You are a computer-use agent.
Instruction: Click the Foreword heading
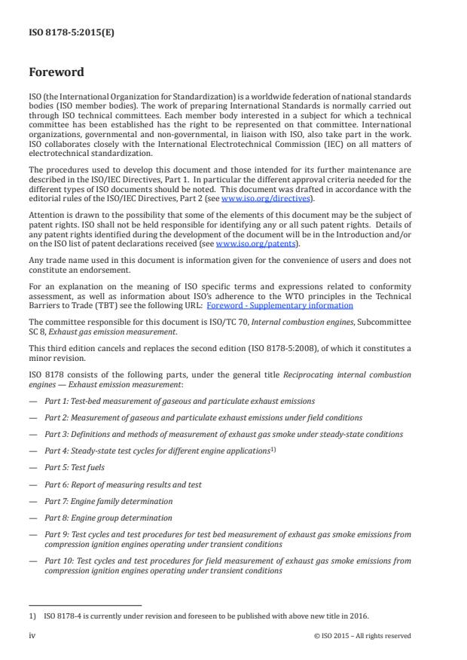(56, 73)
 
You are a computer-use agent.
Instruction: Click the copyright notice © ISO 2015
(362, 636)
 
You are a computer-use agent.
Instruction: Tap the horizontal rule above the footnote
(84, 604)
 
